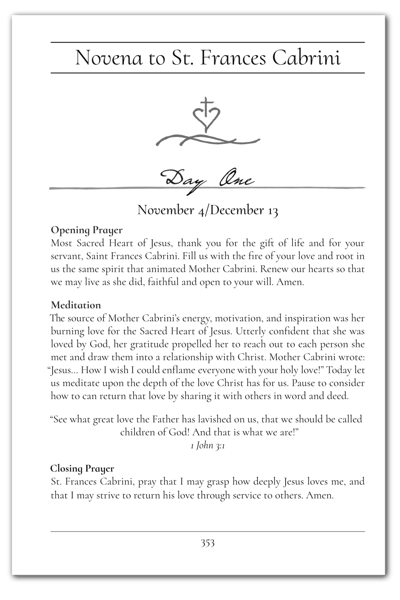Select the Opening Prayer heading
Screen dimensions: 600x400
point(87,230)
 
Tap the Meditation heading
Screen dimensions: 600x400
point(76,305)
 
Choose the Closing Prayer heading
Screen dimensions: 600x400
point(82,469)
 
